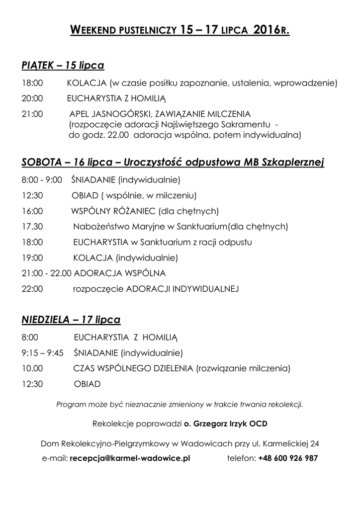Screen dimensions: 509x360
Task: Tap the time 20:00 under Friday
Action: (32, 98)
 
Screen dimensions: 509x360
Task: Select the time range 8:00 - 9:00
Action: (42, 179)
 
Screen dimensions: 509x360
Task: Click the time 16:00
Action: (32, 211)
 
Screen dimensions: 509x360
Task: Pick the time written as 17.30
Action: (32, 227)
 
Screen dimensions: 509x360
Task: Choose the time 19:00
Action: (32, 258)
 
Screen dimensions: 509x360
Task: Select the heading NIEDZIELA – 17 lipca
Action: (71, 320)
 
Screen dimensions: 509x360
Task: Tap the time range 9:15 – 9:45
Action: (43, 353)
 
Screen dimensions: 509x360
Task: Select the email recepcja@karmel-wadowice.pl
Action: (130, 458)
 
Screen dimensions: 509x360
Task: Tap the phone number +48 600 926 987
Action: (288, 458)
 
